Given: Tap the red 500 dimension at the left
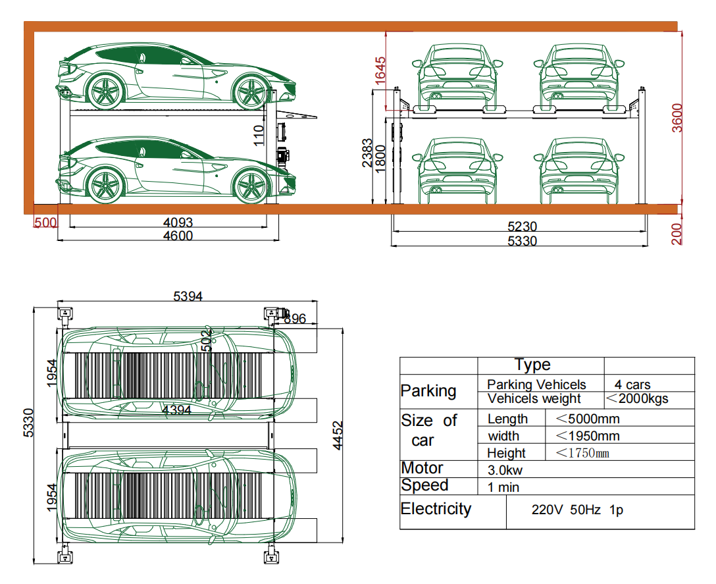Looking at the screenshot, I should click(x=45, y=223).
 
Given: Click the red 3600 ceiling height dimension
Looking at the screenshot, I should click(x=677, y=118).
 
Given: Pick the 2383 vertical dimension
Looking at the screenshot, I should click(x=367, y=153).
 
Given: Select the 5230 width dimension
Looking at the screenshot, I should click(x=521, y=226).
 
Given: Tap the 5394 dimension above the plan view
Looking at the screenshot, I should click(x=188, y=297).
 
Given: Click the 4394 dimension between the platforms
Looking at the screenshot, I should click(x=176, y=410).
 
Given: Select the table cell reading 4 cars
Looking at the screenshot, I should click(x=632, y=385).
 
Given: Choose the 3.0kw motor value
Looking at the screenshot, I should click(x=505, y=470).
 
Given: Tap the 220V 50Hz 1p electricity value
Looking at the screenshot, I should click(x=576, y=510).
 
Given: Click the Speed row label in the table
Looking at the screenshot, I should click(x=424, y=486).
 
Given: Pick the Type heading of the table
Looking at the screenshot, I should click(x=532, y=365).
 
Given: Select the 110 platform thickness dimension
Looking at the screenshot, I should click(x=259, y=134).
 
